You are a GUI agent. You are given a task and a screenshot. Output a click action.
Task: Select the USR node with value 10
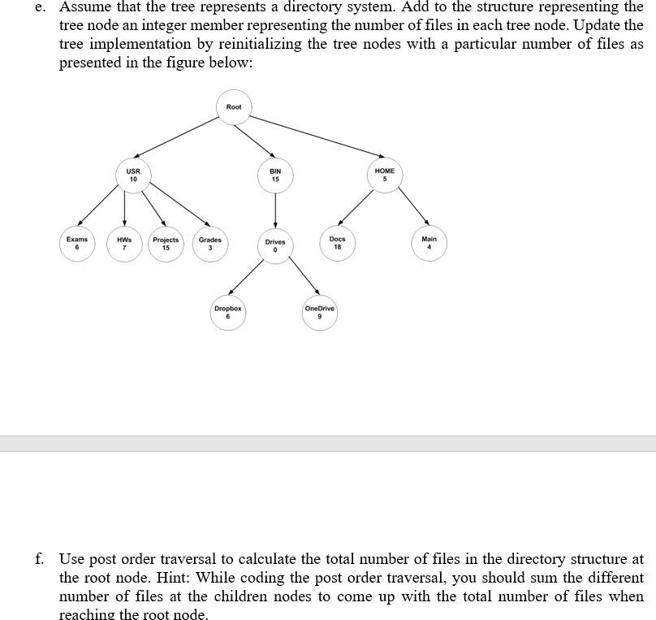pos(132,176)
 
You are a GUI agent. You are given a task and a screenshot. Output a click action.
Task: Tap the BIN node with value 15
pos(275,176)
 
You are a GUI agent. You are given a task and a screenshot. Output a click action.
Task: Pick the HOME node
pos(385,176)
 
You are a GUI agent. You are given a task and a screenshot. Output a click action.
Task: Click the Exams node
pos(77,244)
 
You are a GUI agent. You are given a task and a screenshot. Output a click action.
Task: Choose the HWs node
pos(124,245)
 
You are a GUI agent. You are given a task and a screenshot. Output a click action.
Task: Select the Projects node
pos(166,245)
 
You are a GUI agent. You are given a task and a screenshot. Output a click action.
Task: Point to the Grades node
pos(210,245)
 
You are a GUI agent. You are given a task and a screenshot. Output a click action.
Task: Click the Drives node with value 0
pos(275,246)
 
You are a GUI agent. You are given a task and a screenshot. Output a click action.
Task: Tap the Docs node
pos(338,244)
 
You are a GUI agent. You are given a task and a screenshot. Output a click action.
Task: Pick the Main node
pos(429,243)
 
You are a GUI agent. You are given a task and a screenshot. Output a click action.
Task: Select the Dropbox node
pos(227,314)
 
